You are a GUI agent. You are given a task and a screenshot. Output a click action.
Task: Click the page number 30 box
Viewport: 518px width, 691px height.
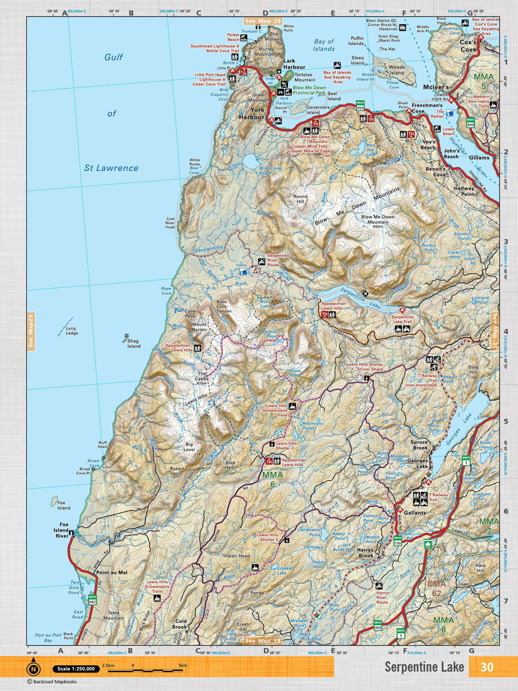click(486, 667)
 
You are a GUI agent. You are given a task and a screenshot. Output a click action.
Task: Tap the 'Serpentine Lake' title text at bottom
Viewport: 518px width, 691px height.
click(424, 667)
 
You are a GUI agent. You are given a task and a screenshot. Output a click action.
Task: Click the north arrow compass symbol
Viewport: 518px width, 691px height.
click(33, 669)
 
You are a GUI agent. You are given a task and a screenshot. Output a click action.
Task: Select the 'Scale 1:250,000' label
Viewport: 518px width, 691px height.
click(76, 669)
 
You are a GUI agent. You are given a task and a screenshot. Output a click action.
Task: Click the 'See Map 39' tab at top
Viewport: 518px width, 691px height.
click(263, 21)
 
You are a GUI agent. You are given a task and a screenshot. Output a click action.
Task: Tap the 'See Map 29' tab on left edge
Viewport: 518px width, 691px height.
click(31, 331)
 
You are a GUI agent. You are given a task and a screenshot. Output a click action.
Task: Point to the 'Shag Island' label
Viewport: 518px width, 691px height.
click(133, 343)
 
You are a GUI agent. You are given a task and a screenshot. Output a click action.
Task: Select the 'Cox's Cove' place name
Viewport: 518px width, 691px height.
click(468, 46)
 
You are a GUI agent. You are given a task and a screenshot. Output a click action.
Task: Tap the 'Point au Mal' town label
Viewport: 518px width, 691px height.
click(112, 573)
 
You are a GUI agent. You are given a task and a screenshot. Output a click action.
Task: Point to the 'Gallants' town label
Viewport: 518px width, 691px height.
click(415, 513)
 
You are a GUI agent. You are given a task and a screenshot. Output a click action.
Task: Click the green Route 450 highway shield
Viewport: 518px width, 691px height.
click(360, 105)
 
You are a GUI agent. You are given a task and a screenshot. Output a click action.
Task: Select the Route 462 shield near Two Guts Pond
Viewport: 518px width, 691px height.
click(92, 600)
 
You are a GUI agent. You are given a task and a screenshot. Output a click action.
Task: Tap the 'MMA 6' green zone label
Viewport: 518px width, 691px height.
click(272, 479)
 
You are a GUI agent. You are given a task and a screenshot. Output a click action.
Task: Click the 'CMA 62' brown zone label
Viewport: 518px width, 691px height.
click(436, 588)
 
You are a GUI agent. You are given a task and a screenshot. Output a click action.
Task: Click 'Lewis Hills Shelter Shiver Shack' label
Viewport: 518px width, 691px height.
click(365, 367)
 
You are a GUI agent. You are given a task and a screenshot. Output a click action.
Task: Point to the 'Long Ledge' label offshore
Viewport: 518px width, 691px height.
click(72, 331)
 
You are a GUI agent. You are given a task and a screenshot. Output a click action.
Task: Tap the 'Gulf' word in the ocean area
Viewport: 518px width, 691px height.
click(114, 57)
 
